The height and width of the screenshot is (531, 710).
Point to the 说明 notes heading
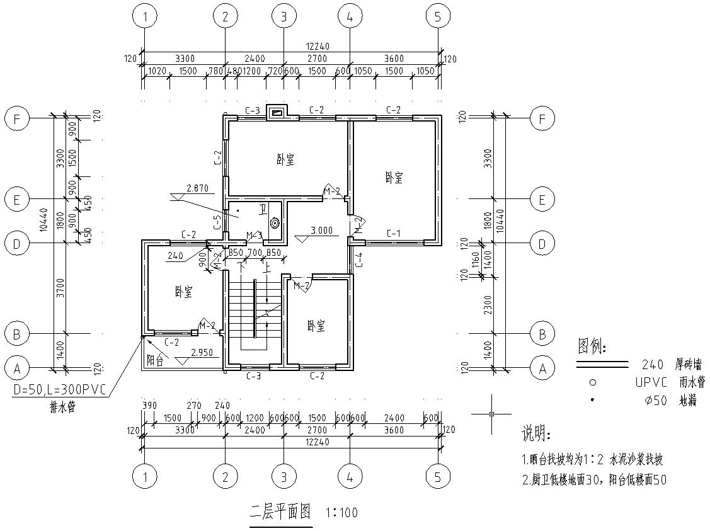(x=535, y=435)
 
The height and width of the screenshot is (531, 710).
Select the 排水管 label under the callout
(x=62, y=406)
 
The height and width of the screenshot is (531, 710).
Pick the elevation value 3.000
(x=321, y=231)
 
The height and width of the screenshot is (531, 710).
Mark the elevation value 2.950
(x=201, y=352)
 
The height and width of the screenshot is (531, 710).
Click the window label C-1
(x=394, y=233)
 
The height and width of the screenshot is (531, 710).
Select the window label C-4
(x=359, y=260)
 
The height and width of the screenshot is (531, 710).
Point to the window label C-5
(x=217, y=222)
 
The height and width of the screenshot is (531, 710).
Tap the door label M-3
(x=254, y=236)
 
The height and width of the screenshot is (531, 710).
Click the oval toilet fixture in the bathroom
(x=275, y=223)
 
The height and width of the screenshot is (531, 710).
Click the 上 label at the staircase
(x=269, y=266)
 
